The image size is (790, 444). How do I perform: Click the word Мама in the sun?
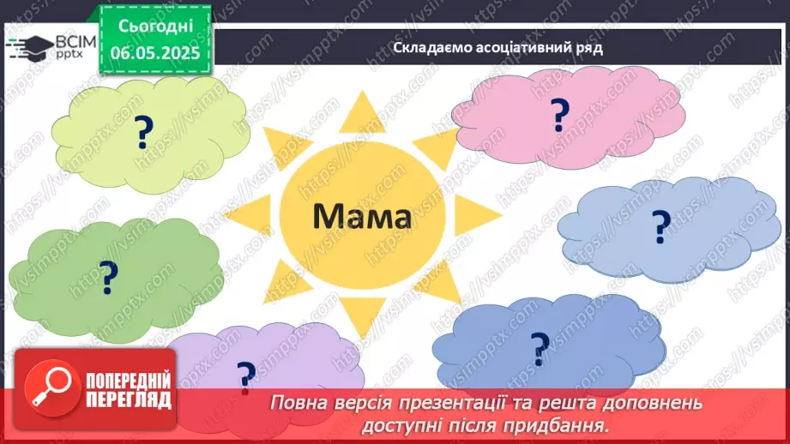[x=361, y=216]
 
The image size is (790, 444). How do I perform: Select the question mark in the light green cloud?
[x=143, y=133]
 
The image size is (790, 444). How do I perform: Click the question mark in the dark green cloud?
[x=108, y=276]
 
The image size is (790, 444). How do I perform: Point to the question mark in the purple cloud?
[x=246, y=375]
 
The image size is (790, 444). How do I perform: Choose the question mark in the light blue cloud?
[x=660, y=226]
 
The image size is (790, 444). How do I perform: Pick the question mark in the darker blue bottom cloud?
[x=539, y=346]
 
